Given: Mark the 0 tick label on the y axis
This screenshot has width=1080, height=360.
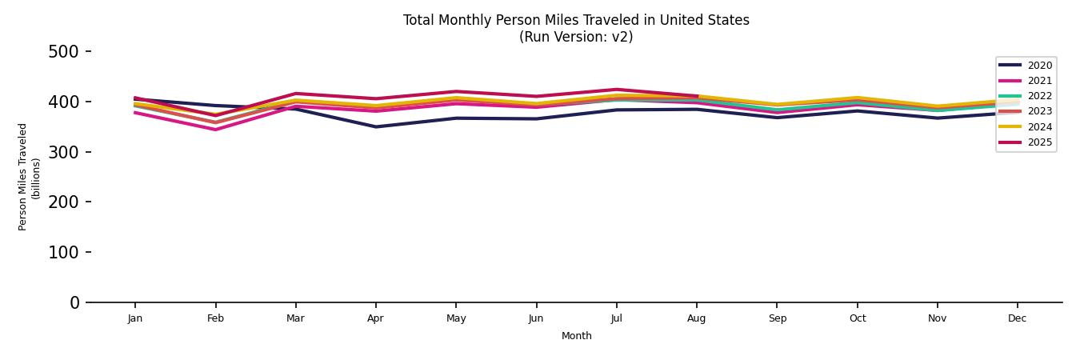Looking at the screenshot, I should click(x=74, y=302).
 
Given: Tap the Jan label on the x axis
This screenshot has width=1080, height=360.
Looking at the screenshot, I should click(x=135, y=318).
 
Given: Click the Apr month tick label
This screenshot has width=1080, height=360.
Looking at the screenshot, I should click(x=375, y=318).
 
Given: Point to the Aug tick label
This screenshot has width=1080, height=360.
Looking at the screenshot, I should click(x=697, y=318).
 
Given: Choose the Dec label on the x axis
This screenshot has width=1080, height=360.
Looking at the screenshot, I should click(x=1017, y=318).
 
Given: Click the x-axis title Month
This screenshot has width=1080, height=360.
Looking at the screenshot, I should click(x=576, y=336).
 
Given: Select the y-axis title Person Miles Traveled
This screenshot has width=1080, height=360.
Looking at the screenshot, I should click(x=23, y=177).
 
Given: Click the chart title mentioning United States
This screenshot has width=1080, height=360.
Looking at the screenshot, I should click(x=576, y=21).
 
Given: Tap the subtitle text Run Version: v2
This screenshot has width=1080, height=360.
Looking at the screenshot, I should click(x=576, y=37).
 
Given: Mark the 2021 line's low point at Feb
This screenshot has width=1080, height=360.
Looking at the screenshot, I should click(x=215, y=130).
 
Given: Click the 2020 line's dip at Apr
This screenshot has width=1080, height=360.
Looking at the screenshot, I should click(x=375, y=126).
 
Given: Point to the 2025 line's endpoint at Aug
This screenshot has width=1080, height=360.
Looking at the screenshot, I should click(x=697, y=96).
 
